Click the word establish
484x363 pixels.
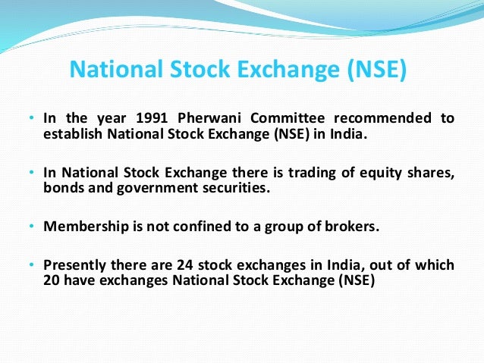pos(71,134)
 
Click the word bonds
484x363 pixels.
pos(62,187)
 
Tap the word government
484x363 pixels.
pos(151,188)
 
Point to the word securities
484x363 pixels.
pos(236,187)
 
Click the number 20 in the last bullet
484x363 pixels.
pos(52,280)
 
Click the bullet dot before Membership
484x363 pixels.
pos(31,227)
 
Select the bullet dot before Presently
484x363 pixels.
pos(31,265)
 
